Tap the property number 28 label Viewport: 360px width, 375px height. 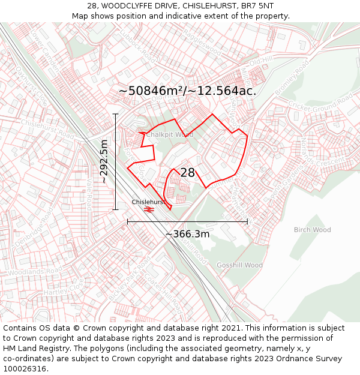point(188,173)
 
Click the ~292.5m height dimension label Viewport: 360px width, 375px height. point(104,161)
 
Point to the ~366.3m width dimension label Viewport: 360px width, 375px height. point(187,234)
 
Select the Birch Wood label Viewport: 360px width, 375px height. point(312,230)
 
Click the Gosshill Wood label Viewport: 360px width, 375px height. point(239,265)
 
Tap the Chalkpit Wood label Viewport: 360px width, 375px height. point(170,135)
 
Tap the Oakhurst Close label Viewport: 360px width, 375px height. point(30,85)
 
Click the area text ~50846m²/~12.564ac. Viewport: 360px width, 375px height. point(187,91)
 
